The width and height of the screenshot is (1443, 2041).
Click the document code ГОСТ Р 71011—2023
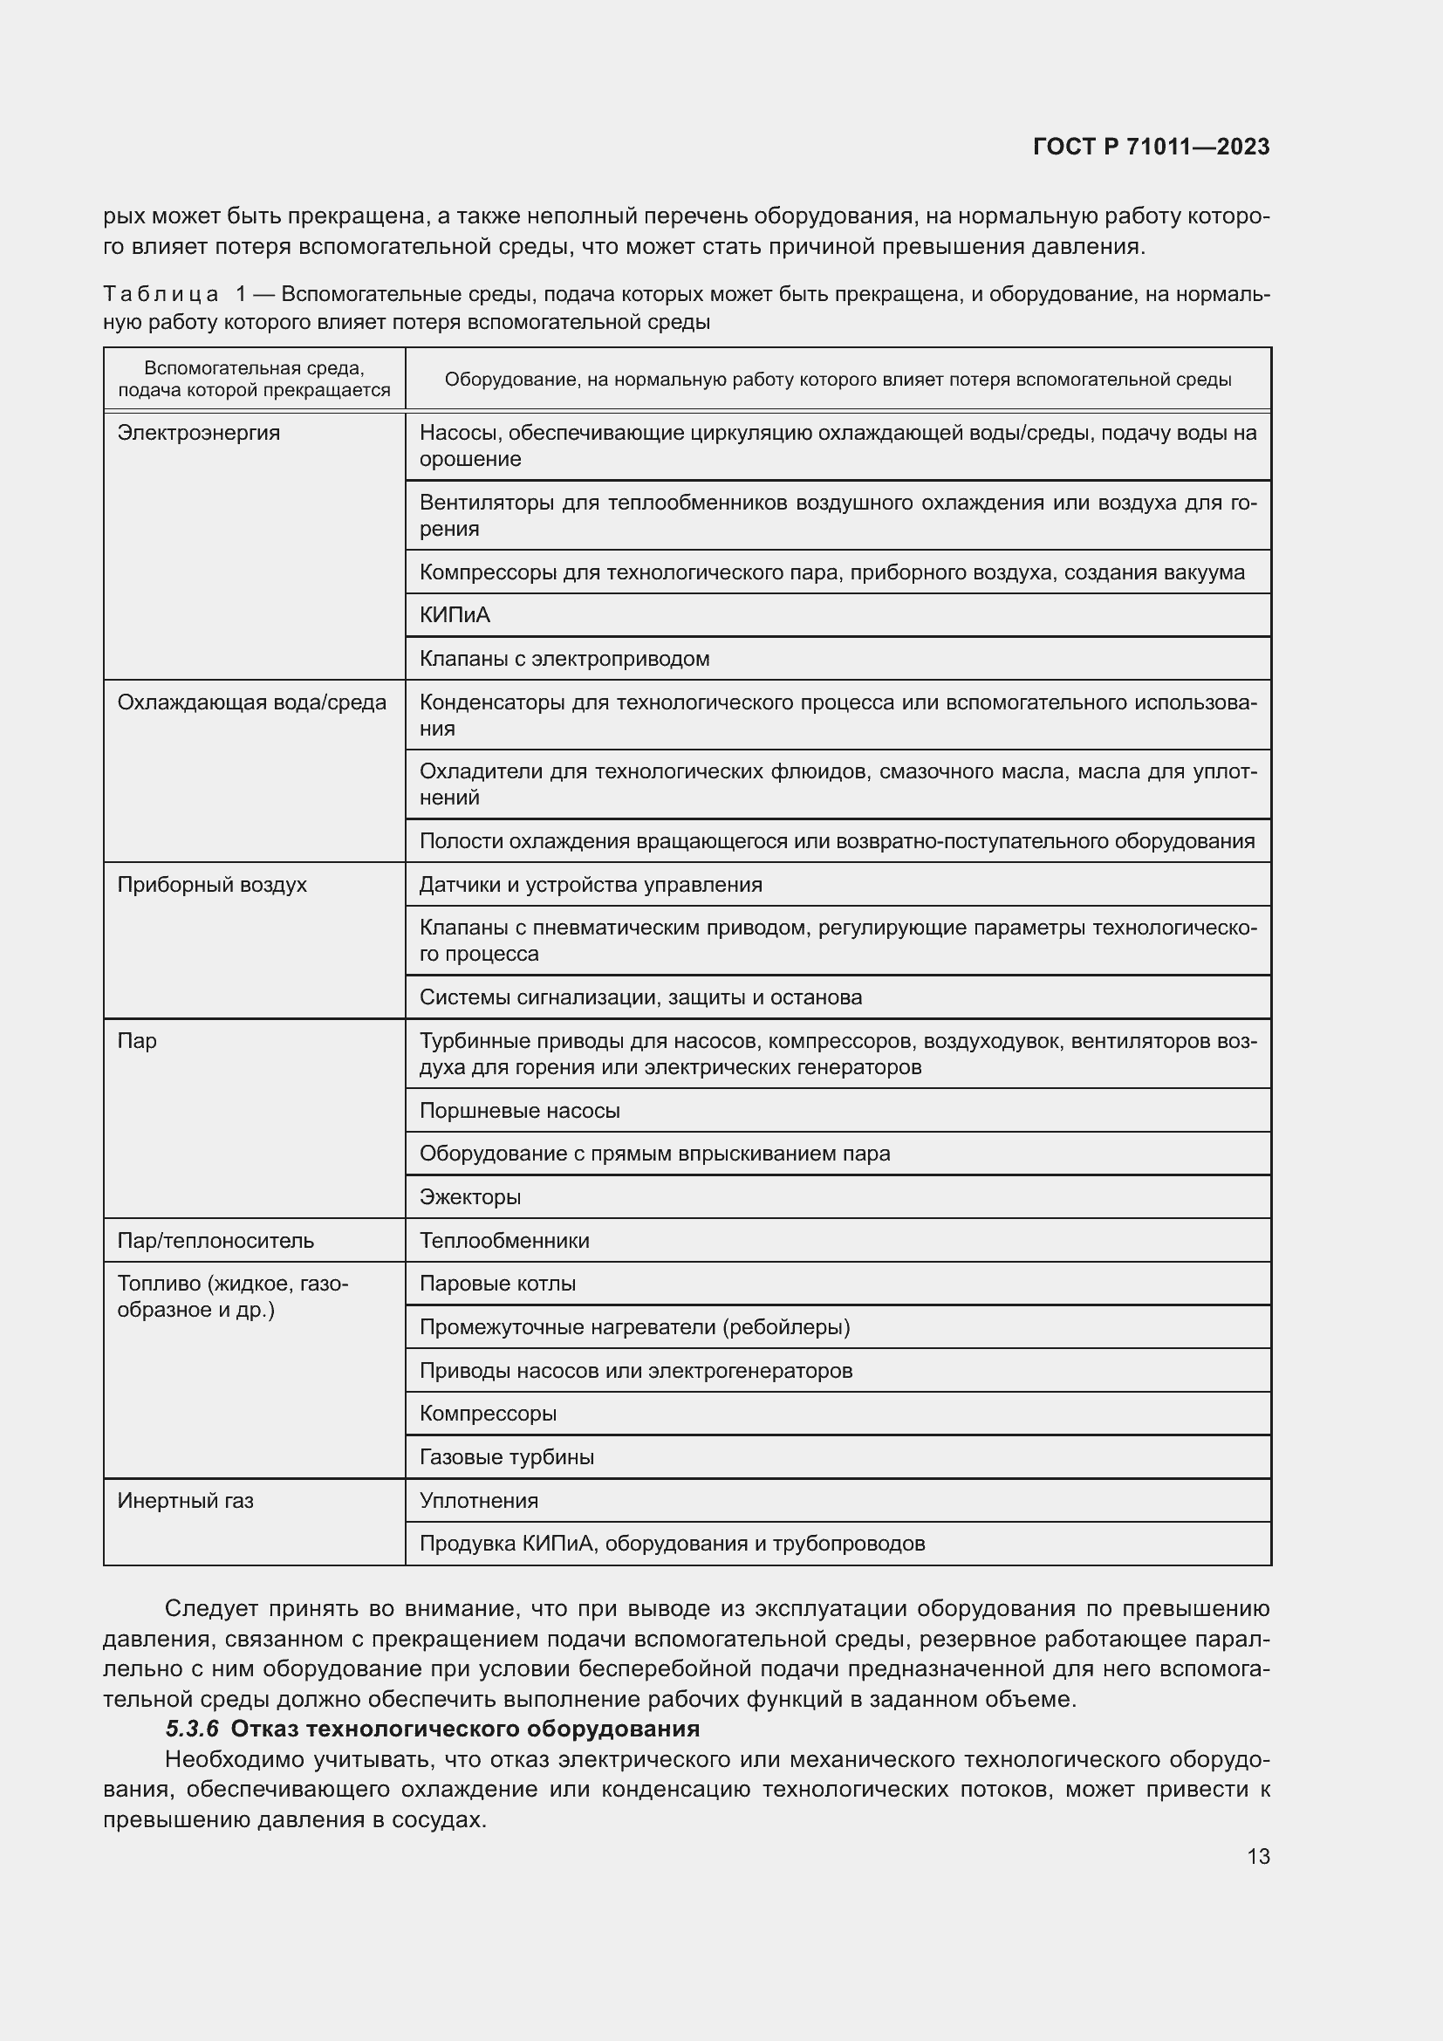point(1151,147)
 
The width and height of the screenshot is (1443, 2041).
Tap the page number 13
point(1257,1856)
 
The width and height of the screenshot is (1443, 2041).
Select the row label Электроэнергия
point(198,433)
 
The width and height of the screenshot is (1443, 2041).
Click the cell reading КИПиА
point(455,615)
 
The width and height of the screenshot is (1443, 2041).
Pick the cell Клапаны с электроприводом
point(564,659)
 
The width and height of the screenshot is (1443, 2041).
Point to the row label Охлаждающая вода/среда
point(251,702)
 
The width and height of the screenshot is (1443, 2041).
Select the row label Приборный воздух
point(211,885)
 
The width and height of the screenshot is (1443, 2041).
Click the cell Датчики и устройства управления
point(590,885)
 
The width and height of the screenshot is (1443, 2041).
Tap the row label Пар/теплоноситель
point(215,1240)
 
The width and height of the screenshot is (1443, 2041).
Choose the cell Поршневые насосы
point(519,1110)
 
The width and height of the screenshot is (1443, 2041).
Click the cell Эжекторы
point(470,1196)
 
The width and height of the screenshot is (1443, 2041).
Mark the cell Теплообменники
point(503,1240)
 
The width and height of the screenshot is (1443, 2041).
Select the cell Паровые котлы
point(496,1284)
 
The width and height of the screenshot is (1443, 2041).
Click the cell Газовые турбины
point(507,1457)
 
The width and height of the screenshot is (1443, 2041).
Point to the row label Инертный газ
point(185,1501)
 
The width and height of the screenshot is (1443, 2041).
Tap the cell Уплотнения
point(478,1501)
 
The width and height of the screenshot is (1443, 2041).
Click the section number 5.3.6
point(192,1729)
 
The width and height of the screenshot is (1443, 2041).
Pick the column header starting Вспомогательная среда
point(254,379)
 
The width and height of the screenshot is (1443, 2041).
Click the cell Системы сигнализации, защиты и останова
point(639,997)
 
